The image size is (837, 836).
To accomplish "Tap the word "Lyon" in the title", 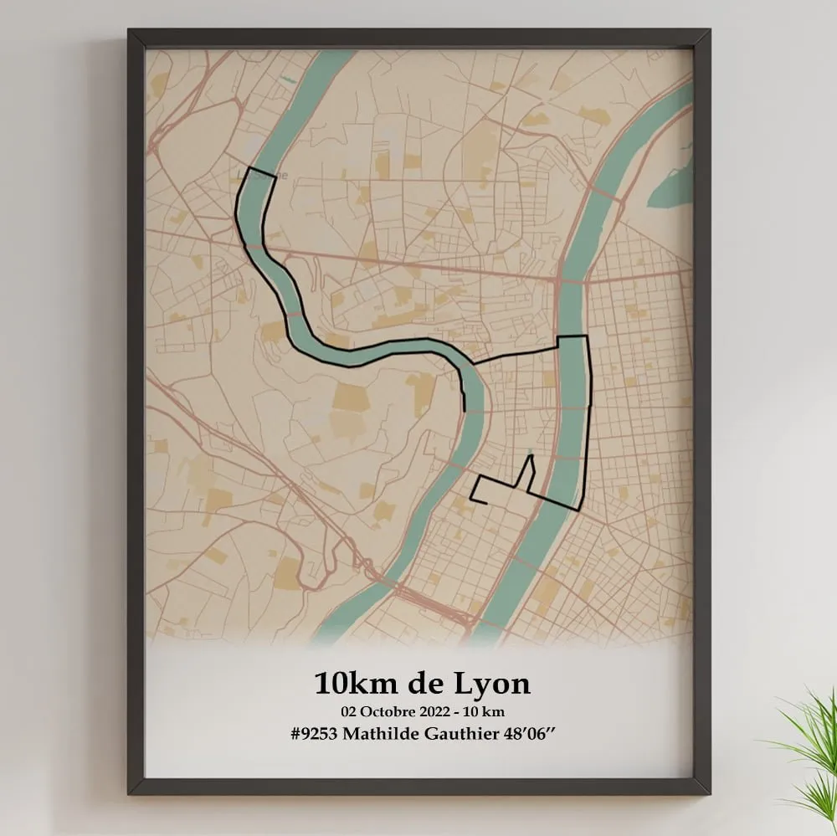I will click(x=493, y=685).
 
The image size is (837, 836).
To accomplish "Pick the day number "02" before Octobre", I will click(x=349, y=712).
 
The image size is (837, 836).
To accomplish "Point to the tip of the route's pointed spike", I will click(x=530, y=457).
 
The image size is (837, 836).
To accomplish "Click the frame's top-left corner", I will click(x=131, y=32).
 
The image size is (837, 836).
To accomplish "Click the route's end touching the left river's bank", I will click(x=464, y=410).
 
